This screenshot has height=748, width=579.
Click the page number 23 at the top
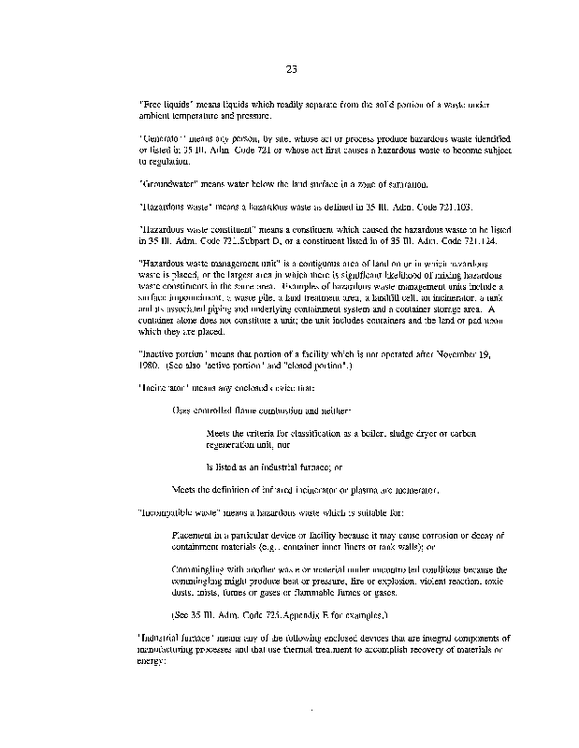click(x=290, y=67)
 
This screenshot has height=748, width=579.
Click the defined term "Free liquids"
click(x=164, y=103)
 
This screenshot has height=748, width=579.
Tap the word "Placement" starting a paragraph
click(x=196, y=535)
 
